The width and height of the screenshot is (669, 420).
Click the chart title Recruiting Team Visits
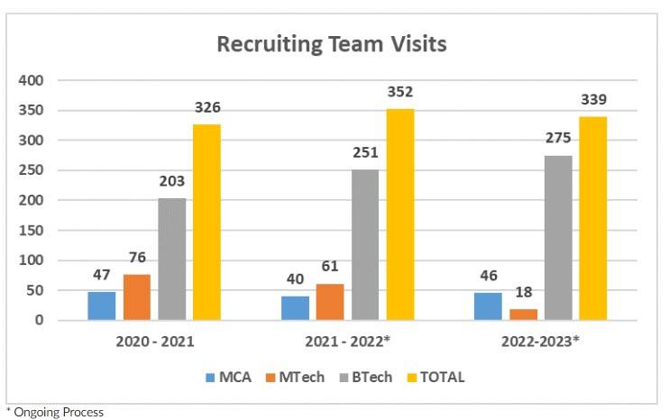pyautogui.click(x=332, y=44)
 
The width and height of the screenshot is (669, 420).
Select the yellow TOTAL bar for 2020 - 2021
pyautogui.click(x=206, y=222)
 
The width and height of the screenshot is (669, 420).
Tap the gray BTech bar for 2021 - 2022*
pyautogui.click(x=365, y=244)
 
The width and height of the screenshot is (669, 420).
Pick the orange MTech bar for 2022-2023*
pyautogui.click(x=524, y=315)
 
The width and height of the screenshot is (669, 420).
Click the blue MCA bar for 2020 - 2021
pyautogui.click(x=102, y=306)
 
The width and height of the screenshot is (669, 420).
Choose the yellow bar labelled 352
pyautogui.click(x=400, y=215)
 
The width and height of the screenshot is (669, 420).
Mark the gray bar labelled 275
pyautogui.click(x=558, y=238)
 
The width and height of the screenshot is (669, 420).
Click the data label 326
pyautogui.click(x=206, y=108)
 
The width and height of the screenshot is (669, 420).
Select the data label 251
pyautogui.click(x=365, y=154)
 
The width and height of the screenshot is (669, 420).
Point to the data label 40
pyautogui.click(x=296, y=280)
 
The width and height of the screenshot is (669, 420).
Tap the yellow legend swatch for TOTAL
pyautogui.click(x=410, y=378)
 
